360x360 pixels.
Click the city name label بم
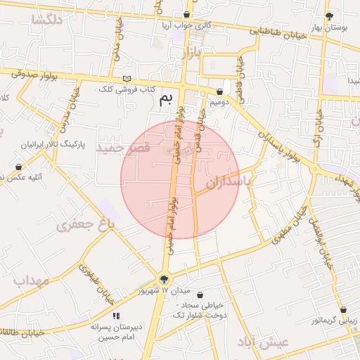click(166, 99)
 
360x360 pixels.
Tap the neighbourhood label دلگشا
click(47, 20)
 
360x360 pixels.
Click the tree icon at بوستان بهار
click(329, 16)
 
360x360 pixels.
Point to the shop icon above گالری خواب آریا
click(186, 15)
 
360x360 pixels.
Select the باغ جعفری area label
click(85, 226)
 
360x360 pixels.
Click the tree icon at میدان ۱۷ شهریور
click(165, 279)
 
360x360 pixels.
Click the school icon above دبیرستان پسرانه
click(115, 316)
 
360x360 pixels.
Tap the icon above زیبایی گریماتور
click(343, 309)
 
